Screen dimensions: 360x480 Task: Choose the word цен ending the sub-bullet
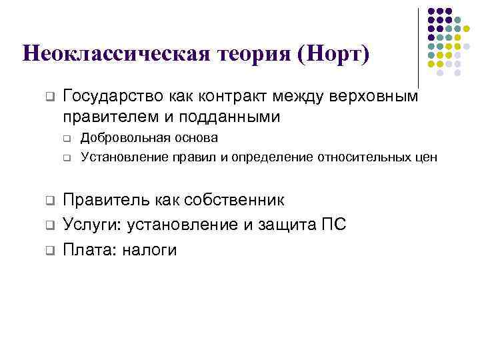coord(427,157)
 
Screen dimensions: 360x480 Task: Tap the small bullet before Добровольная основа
coord(67,139)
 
